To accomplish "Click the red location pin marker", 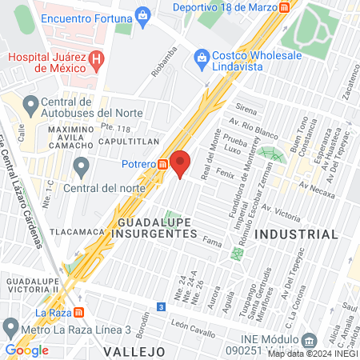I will click(181, 162).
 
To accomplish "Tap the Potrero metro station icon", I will click(162, 164).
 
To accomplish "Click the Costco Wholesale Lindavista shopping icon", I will click(201, 57).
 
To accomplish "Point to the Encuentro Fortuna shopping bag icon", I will click(142, 14).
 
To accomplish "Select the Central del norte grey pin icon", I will click(81, 168).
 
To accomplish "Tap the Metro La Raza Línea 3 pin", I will click(10, 327).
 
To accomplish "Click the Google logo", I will click(26, 350).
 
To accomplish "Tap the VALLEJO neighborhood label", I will click(134, 351).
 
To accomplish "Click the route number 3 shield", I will click(162, 306).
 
